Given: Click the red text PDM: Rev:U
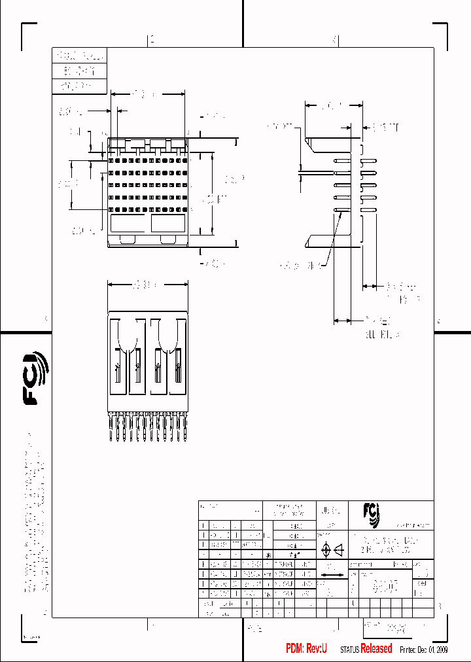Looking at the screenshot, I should point(305,648).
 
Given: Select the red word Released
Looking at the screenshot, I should point(376,648).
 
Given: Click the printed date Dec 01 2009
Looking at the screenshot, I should point(432,649).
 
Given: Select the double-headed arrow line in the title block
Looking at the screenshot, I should point(334,576).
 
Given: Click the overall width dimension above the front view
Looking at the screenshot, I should point(147,94).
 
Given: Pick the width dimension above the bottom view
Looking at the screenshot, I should point(147,285).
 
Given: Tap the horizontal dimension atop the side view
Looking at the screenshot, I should point(334,105).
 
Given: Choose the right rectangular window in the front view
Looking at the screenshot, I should point(168,224).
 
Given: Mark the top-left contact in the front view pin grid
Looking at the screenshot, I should point(112,160).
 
